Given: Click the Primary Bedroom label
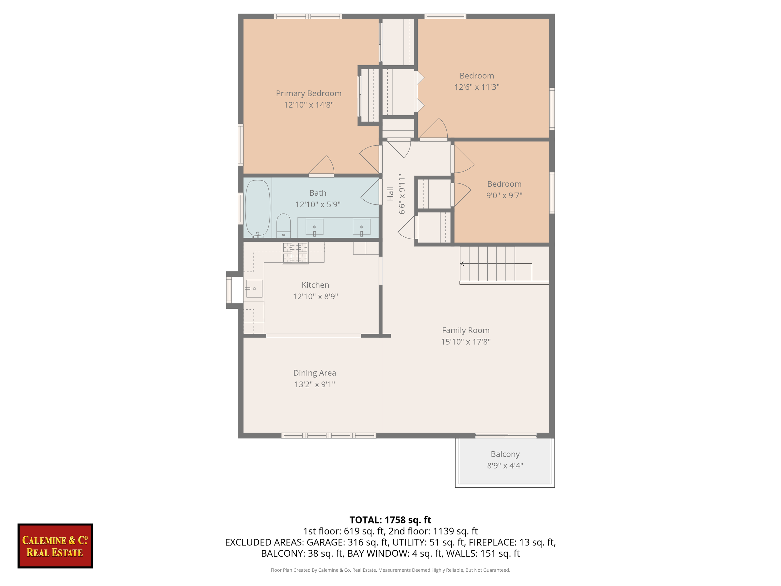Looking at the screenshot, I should [x=309, y=93].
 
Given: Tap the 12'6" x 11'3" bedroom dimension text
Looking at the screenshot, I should [x=477, y=87].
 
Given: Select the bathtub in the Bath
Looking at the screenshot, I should [x=257, y=208].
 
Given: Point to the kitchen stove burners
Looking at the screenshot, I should [x=295, y=253].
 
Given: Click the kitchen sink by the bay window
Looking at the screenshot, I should [x=253, y=288].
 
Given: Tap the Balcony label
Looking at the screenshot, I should [x=505, y=454].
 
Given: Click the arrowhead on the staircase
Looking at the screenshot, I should [x=462, y=263].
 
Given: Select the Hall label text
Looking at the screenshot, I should [x=390, y=194].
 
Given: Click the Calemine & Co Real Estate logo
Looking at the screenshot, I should [x=55, y=546].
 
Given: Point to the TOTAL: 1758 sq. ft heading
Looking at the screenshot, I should [x=390, y=520].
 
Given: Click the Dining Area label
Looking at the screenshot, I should [x=314, y=373].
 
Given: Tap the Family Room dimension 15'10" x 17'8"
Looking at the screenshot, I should [x=465, y=342].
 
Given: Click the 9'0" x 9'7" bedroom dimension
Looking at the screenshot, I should [x=504, y=195].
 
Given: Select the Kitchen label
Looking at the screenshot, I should [x=315, y=285].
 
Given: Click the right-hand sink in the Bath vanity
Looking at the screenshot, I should [x=361, y=227].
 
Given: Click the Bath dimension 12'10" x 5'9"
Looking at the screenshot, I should [x=318, y=204].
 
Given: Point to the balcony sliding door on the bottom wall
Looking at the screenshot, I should [x=505, y=436].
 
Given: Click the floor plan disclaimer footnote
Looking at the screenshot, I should [x=390, y=570].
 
